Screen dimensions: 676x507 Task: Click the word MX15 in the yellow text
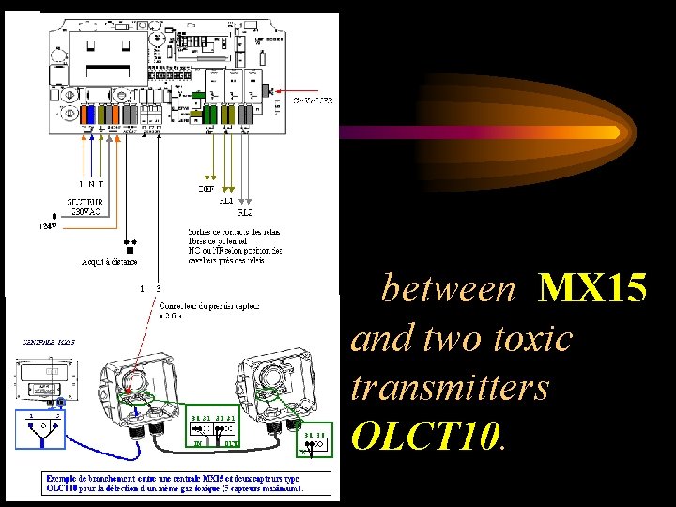[x=592, y=290]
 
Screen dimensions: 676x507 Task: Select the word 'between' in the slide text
[x=449, y=290]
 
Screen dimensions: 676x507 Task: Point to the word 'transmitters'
[x=450, y=386]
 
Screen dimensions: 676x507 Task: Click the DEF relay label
[x=207, y=189]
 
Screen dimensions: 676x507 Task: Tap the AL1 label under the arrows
[x=226, y=200]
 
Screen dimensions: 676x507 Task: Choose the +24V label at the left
[x=46, y=225]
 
